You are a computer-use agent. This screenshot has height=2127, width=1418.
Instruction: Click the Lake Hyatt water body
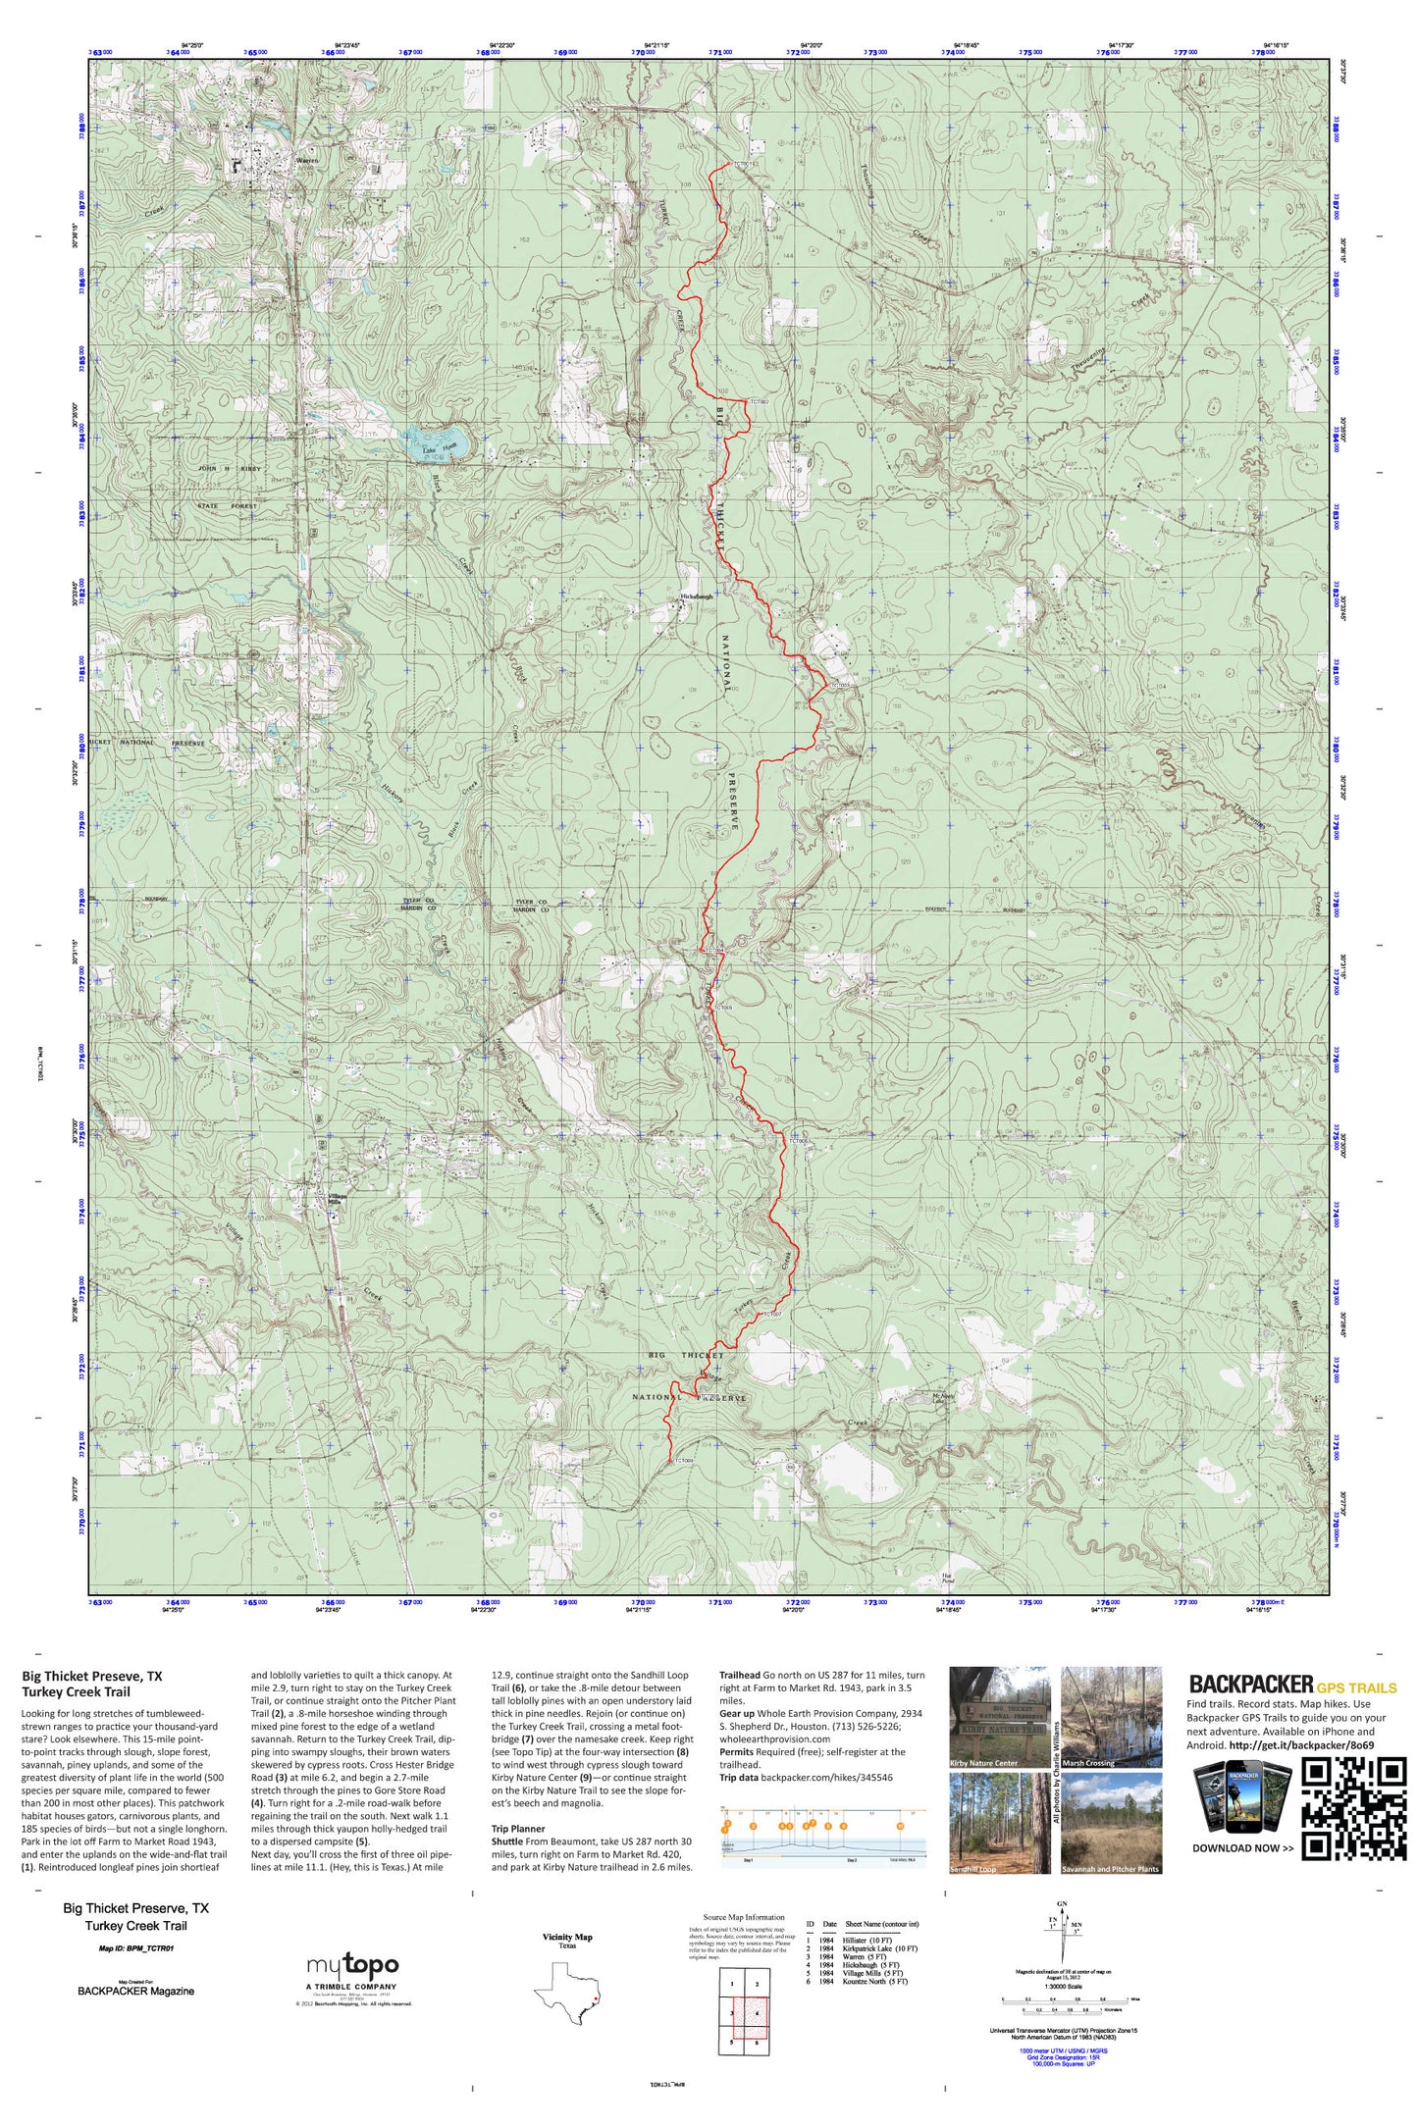tap(438, 441)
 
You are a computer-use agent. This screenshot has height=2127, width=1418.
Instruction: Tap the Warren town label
tap(307, 161)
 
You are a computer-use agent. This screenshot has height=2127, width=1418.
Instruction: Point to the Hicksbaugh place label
tap(697, 596)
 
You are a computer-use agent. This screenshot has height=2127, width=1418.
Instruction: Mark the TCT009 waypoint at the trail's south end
tap(671, 1461)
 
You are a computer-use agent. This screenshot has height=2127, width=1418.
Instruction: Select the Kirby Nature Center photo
tap(999, 1717)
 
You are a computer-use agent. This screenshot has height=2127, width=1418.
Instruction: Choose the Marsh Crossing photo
tap(1112, 1717)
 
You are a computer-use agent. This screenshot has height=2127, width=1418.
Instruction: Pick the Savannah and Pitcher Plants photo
tap(1112, 1822)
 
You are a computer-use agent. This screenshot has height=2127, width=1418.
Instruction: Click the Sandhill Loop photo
tap(999, 1822)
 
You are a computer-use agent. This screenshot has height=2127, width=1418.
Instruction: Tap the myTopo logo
tap(352, 1967)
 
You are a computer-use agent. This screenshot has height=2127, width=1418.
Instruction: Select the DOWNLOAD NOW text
tap(1242, 1848)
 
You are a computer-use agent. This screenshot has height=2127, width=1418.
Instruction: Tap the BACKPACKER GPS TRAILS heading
tap(1292, 1686)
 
